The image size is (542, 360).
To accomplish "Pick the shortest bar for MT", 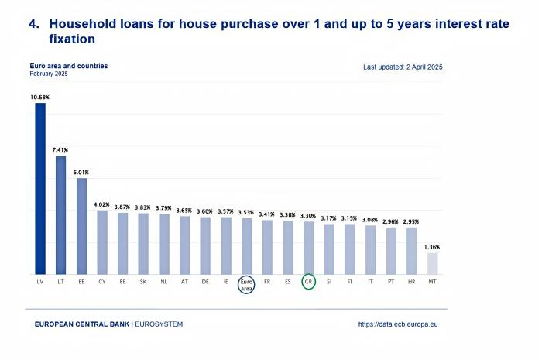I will click(432, 263).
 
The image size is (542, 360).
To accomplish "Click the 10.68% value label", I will click(39, 97).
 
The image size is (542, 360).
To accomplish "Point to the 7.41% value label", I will click(60, 149).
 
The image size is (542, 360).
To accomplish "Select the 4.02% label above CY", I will click(101, 204).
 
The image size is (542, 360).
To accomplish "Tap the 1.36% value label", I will click(432, 247).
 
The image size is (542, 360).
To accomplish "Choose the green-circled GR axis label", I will click(308, 282).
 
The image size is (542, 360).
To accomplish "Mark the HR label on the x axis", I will click(411, 282).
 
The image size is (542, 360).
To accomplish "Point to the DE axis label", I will click(204, 282).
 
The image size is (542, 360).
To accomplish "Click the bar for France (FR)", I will click(267, 247).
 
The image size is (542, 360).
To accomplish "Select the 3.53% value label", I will click(246, 211).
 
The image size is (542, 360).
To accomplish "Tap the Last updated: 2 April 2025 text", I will click(403, 67).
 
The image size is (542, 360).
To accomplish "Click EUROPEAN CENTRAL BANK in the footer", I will click(81, 324).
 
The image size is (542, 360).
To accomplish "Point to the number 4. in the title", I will click(33, 24).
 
